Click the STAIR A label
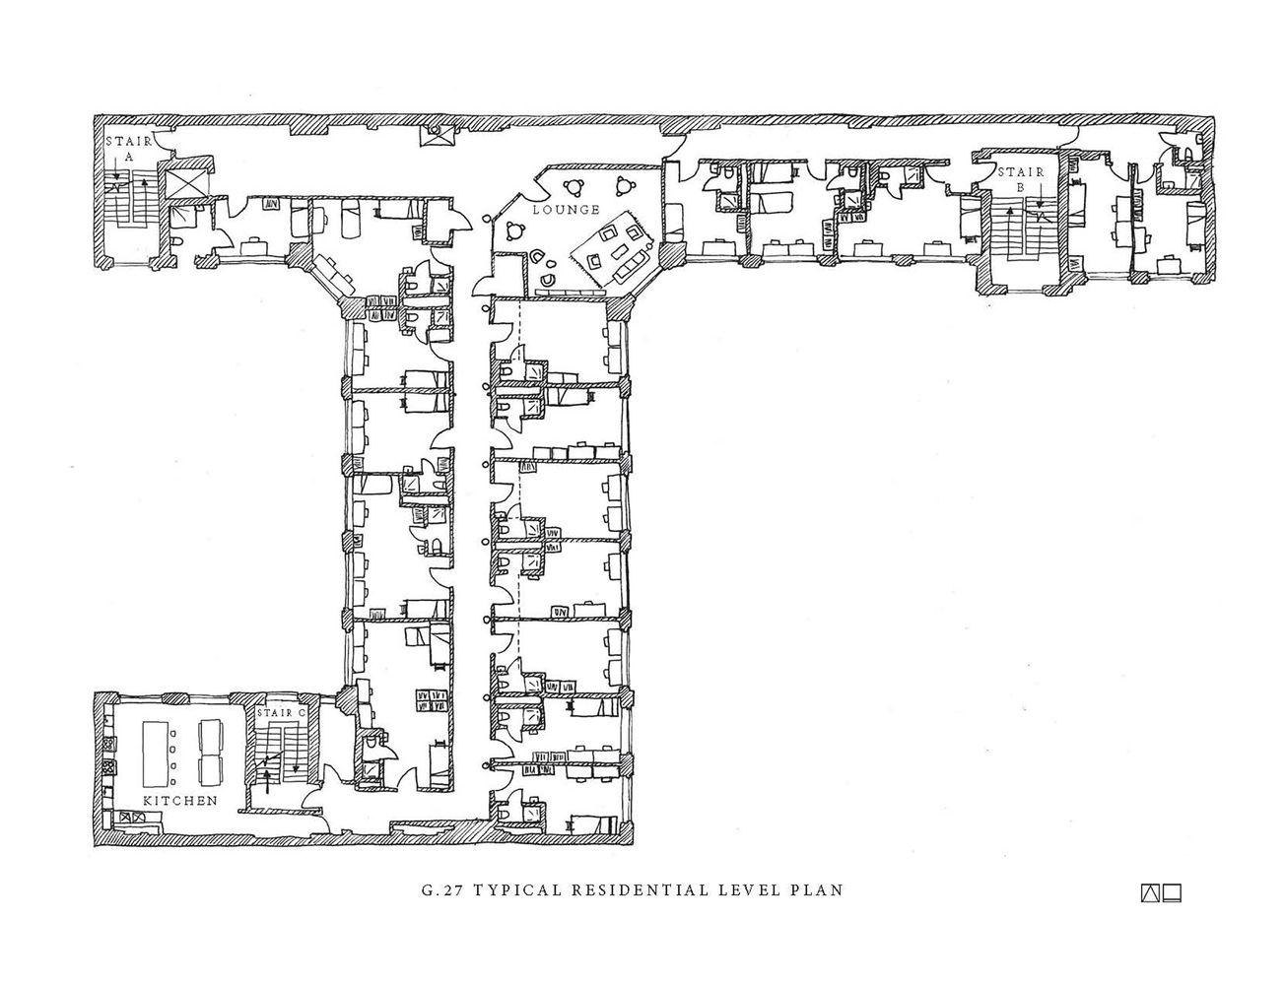[128, 149]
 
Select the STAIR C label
[282, 711]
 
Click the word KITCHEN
[180, 801]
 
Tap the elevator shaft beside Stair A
[186, 184]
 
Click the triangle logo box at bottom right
[1150, 894]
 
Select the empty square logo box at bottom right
[1172, 894]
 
